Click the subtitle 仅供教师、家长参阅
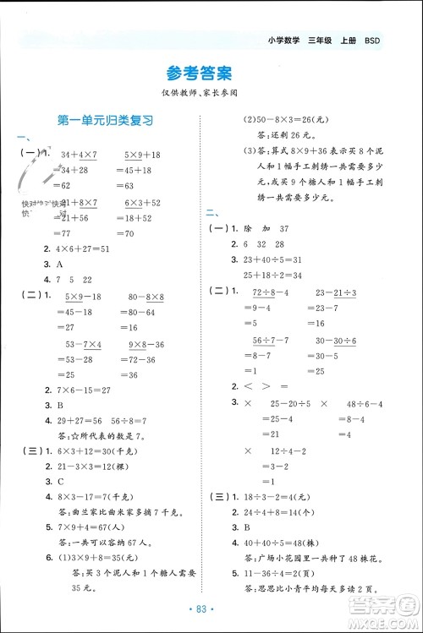pos(211,92)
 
